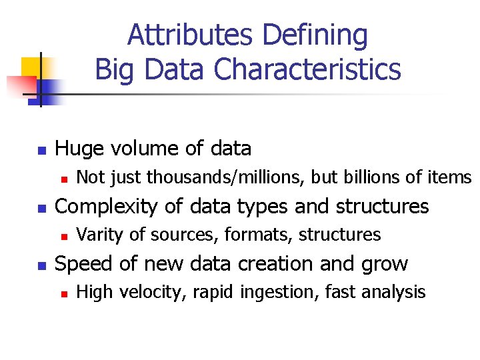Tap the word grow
point(383,265)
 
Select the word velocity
point(143,292)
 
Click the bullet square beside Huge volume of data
point(41,150)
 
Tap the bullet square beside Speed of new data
point(41,265)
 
